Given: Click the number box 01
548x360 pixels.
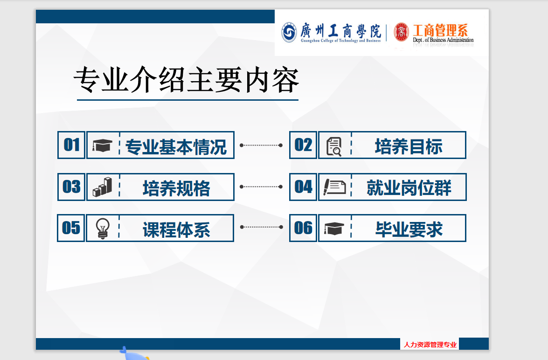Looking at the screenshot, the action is [x=71, y=145].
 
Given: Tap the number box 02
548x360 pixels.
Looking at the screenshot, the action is [x=303, y=145].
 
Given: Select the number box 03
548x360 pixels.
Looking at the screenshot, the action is [x=71, y=187].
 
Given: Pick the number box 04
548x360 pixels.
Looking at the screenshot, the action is [x=303, y=187].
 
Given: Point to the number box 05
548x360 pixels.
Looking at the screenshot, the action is [x=71, y=228].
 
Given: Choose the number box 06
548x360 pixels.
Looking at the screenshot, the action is [x=303, y=228].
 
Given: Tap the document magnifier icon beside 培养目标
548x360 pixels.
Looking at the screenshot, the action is [x=334, y=146].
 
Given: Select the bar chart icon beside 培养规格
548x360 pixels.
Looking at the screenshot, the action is [x=103, y=187].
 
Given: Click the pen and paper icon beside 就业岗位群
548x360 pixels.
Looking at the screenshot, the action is [x=334, y=187].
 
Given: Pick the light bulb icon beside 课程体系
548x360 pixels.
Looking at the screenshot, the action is [x=103, y=228].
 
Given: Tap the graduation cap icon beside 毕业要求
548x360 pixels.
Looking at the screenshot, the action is [x=334, y=228].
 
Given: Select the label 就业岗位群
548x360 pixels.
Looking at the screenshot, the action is [x=409, y=187].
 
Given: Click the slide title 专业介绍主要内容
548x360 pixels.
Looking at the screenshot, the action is [x=186, y=80].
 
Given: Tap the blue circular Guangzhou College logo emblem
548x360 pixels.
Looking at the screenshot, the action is [x=289, y=33].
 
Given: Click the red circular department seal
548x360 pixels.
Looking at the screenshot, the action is [x=401, y=32].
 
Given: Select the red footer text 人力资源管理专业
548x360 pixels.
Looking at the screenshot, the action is [x=430, y=345].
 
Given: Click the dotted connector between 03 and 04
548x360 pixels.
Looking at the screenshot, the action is [x=261, y=187].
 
